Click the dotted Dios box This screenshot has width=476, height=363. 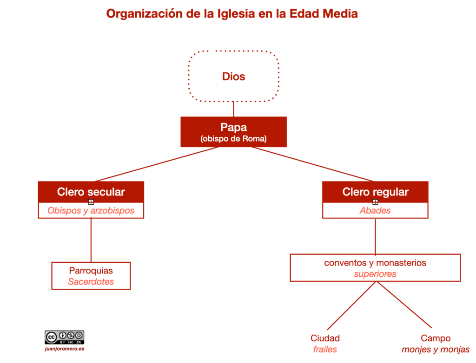pos(233,76)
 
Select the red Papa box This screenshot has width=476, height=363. pos(233,131)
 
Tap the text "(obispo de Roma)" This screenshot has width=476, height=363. pos(233,139)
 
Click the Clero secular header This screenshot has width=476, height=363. pos(91,192)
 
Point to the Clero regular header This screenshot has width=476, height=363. pos(375,192)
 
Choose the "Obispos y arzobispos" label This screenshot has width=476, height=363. pos(91,211)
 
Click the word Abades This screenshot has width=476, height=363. pos(375,211)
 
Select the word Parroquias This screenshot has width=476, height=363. pos(91,270)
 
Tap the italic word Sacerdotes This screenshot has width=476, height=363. pos(91,281)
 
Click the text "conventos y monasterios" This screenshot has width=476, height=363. pos(375,263)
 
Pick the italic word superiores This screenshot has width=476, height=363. pos(375,274)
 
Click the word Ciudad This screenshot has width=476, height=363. pos(325,338)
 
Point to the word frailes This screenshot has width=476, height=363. pos(325,349)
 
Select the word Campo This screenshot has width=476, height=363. pos(436,338)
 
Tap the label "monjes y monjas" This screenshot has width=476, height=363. pos(436,349)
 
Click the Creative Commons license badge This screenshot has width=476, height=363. pos(64,337)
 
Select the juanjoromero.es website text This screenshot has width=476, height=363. pos(64,349)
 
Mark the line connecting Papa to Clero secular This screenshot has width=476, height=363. pos(157,164)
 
